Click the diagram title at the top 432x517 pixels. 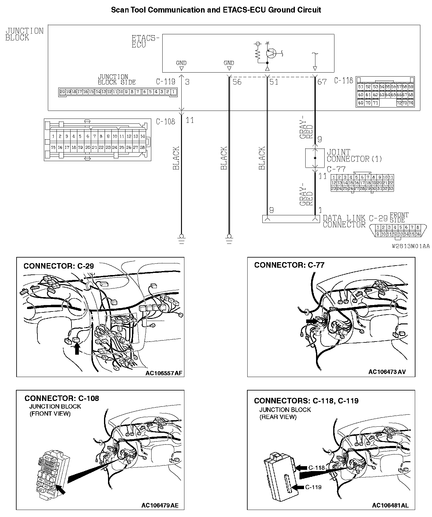click(x=216, y=10)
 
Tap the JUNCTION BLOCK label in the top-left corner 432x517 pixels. click(x=25, y=34)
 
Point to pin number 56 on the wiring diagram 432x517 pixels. click(x=237, y=82)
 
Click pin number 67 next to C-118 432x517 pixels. click(x=322, y=82)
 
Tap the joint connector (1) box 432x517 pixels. click(x=314, y=158)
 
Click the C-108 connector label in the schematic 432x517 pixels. click(x=165, y=122)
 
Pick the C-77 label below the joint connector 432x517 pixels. click(x=336, y=169)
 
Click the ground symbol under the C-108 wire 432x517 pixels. click(x=181, y=238)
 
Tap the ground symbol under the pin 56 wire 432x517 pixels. click(x=229, y=238)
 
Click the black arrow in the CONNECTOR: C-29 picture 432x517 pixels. click(x=77, y=348)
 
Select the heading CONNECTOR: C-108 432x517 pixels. click(x=62, y=398)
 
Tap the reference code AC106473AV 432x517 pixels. click(x=387, y=372)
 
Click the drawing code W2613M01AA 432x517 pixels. click(x=411, y=246)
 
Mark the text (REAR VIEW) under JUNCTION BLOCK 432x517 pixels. click(x=278, y=417)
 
